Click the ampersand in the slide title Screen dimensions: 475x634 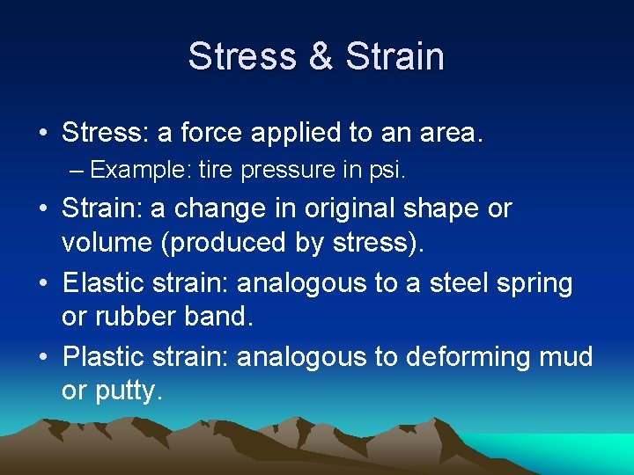[321, 57]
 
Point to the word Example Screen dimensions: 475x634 [139, 170]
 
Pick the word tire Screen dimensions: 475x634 [213, 170]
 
